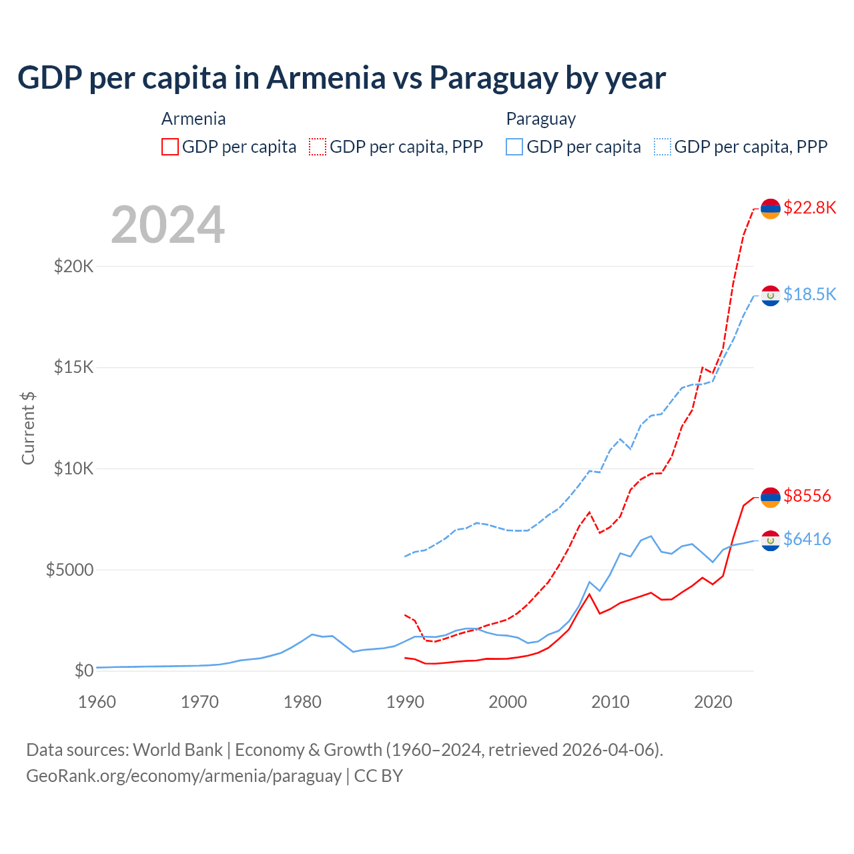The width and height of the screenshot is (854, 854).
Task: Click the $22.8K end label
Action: point(809,207)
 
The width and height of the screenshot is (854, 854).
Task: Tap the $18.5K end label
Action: point(809,294)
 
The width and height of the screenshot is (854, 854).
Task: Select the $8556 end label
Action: point(807,496)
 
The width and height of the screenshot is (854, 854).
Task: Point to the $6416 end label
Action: point(807,539)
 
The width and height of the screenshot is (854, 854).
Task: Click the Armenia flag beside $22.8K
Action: point(771,209)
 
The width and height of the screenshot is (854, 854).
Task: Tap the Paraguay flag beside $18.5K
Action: point(771,296)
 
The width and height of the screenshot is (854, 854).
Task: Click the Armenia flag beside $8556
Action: point(771,497)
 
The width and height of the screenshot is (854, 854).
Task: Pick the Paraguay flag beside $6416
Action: point(771,540)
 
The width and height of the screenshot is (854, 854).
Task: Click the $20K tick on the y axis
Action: point(73,267)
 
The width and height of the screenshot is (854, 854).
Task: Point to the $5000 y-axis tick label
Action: point(69,570)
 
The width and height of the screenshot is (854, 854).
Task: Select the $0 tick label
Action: point(83,671)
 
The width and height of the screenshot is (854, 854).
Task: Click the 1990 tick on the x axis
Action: point(405,702)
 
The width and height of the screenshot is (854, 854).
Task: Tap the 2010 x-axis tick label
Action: point(610,702)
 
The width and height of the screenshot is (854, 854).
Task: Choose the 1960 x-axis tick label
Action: point(97,702)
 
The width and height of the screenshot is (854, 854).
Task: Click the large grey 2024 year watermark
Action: point(167,225)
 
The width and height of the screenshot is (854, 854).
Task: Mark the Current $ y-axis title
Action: point(28,428)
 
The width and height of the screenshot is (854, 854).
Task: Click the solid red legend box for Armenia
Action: point(170,147)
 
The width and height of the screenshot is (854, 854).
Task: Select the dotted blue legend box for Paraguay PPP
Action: point(663,147)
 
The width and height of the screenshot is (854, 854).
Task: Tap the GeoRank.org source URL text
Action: point(183,776)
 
